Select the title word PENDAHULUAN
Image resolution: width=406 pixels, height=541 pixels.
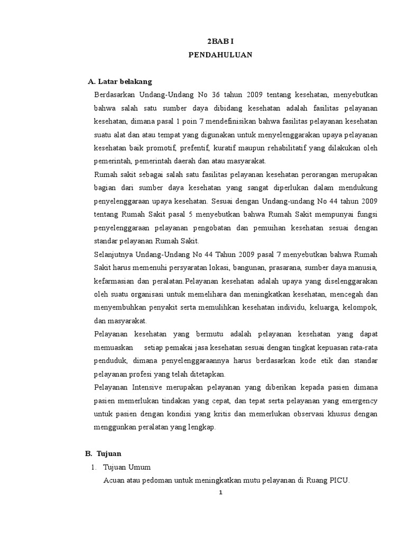[220, 54]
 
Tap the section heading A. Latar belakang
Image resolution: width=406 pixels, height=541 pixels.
[119, 81]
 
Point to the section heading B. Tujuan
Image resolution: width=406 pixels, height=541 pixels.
[103, 453]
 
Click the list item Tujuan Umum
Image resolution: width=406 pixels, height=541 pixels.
[127, 467]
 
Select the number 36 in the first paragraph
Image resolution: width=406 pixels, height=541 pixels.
[215, 95]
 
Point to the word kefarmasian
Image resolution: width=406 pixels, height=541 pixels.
[114, 281]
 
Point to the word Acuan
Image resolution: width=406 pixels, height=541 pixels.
[115, 480]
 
